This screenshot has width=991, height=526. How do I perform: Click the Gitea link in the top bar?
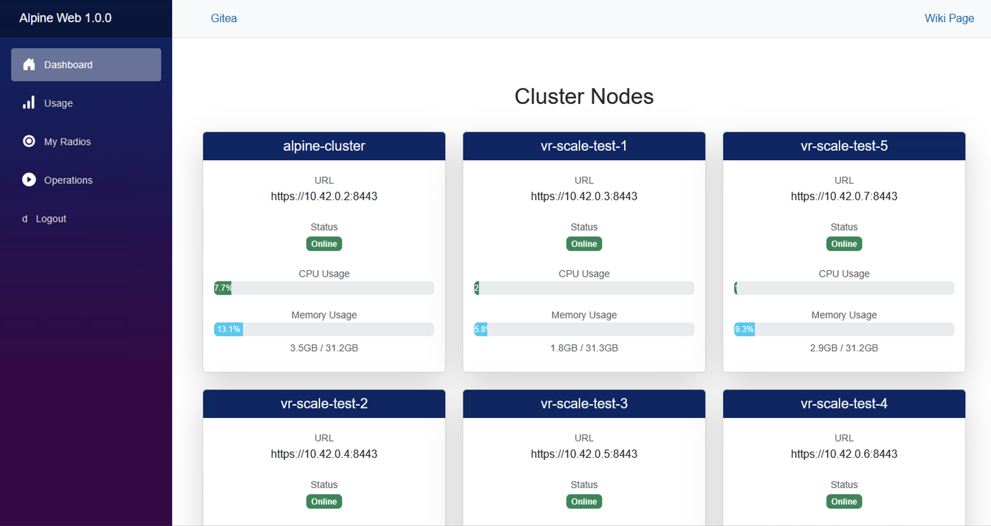tap(224, 18)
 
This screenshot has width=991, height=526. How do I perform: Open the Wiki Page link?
tap(949, 18)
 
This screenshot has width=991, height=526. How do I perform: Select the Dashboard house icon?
tap(29, 64)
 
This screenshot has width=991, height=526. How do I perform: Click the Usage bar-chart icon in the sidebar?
tap(29, 103)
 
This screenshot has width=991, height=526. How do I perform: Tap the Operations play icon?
tap(29, 179)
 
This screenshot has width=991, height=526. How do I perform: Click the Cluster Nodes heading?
tap(584, 96)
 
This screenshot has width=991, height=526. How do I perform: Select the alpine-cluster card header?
tap(324, 146)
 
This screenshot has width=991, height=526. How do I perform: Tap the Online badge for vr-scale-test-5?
tap(844, 244)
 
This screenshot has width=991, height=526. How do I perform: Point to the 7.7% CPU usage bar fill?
tap(223, 288)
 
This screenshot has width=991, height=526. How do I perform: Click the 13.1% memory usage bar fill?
tap(228, 329)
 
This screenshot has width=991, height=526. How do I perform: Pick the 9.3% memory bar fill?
tap(744, 329)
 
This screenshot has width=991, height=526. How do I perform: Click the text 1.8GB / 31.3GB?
tap(584, 348)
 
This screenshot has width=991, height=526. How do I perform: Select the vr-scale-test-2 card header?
tap(324, 404)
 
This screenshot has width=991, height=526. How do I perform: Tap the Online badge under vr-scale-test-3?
tap(584, 501)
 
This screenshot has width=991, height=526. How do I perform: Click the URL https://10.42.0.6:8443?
tap(844, 454)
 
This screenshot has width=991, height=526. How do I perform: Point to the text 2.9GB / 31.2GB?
tap(844, 348)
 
